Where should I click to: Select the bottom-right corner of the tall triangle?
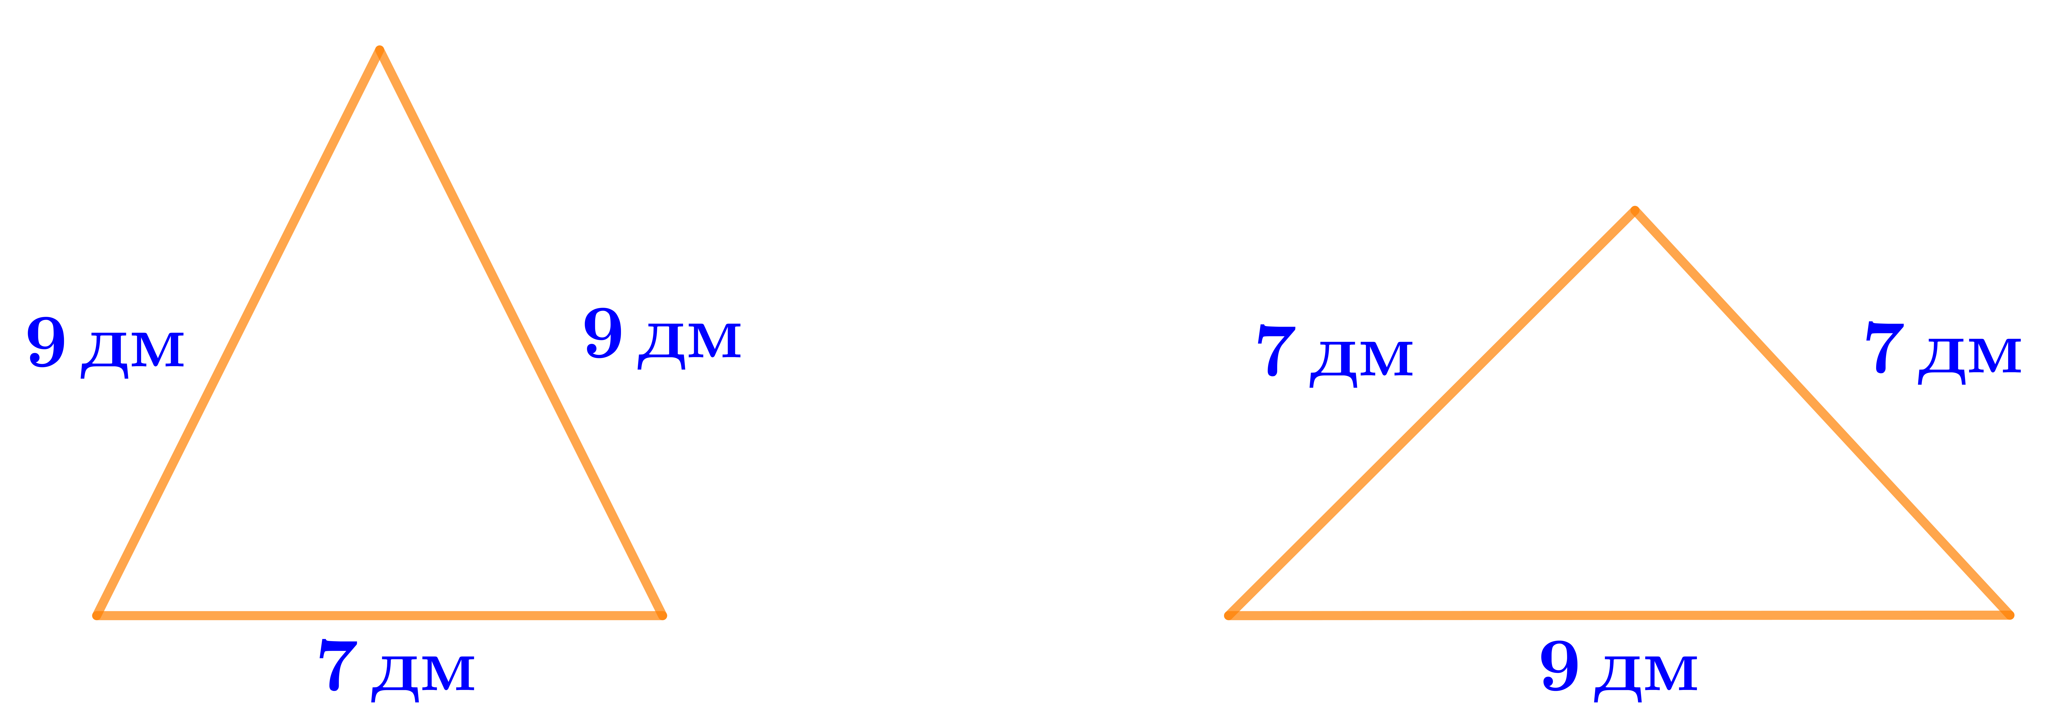(x=662, y=615)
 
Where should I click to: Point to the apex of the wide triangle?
(x=1635, y=211)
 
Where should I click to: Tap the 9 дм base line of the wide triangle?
(x=1620, y=615)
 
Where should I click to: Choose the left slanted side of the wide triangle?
(x=1431, y=412)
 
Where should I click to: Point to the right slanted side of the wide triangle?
(x=1822, y=412)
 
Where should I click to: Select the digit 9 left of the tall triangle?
(x=46, y=342)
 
